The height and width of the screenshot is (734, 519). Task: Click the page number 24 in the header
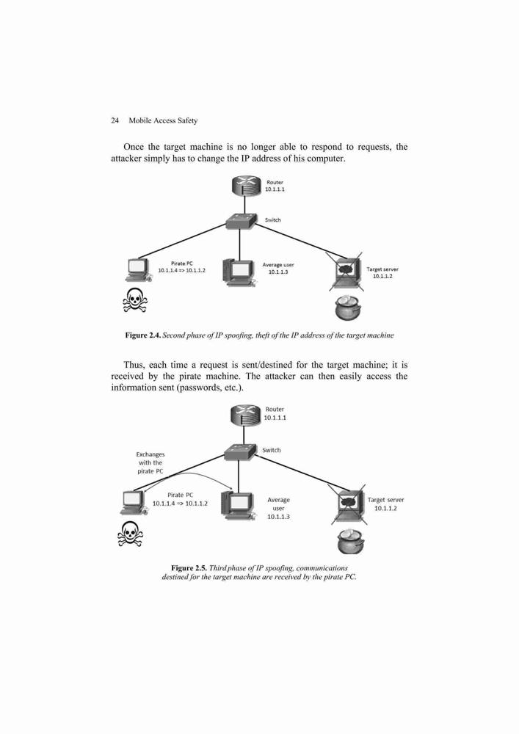click(x=115, y=121)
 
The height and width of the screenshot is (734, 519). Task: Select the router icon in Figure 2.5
click(x=245, y=415)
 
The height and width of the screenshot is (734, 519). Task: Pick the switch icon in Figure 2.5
click(x=240, y=451)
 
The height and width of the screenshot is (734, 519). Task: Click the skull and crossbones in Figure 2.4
click(x=134, y=300)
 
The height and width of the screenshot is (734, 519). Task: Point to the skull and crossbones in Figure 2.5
click(x=131, y=534)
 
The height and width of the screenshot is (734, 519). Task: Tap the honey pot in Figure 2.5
click(x=350, y=541)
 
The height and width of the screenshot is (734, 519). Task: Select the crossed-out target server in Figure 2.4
click(x=346, y=272)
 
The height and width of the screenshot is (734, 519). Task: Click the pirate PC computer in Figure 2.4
click(x=139, y=270)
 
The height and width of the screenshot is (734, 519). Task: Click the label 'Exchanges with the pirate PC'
click(x=150, y=462)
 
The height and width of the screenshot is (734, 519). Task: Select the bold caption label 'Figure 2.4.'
click(x=143, y=335)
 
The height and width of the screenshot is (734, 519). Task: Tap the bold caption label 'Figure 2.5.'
click(x=189, y=568)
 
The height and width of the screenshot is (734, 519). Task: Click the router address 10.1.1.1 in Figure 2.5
click(x=275, y=418)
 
